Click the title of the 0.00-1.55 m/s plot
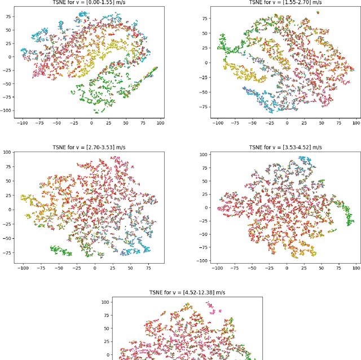[92, 2]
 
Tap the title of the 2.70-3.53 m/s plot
[92, 148]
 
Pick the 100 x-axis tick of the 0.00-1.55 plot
[160, 122]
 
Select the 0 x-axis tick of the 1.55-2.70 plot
[287, 122]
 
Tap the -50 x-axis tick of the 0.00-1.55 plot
[58, 122]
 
